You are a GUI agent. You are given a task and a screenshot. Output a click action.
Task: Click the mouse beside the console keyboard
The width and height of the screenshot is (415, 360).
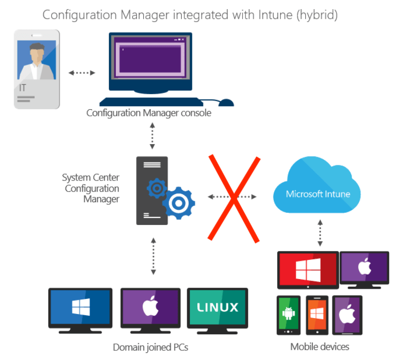226,103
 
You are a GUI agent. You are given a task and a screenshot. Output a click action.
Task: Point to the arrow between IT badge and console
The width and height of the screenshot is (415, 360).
82,73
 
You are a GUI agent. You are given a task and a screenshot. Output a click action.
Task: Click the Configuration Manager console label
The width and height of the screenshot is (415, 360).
148,113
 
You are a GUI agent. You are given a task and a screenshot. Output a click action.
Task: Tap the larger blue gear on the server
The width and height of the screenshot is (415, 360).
178,203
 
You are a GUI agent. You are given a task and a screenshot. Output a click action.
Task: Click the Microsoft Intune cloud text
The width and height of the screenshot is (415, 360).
317,194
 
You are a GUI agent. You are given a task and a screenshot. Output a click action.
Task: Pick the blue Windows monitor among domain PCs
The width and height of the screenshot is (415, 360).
80,307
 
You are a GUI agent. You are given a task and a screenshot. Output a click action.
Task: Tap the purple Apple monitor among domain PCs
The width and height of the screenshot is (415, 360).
150,307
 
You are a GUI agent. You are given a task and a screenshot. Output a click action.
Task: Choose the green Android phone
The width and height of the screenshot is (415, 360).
288,314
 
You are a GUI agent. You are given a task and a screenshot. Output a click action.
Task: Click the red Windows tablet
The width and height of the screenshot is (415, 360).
308,268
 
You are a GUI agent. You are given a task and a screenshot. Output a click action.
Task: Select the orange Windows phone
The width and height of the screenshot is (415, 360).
317,314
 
